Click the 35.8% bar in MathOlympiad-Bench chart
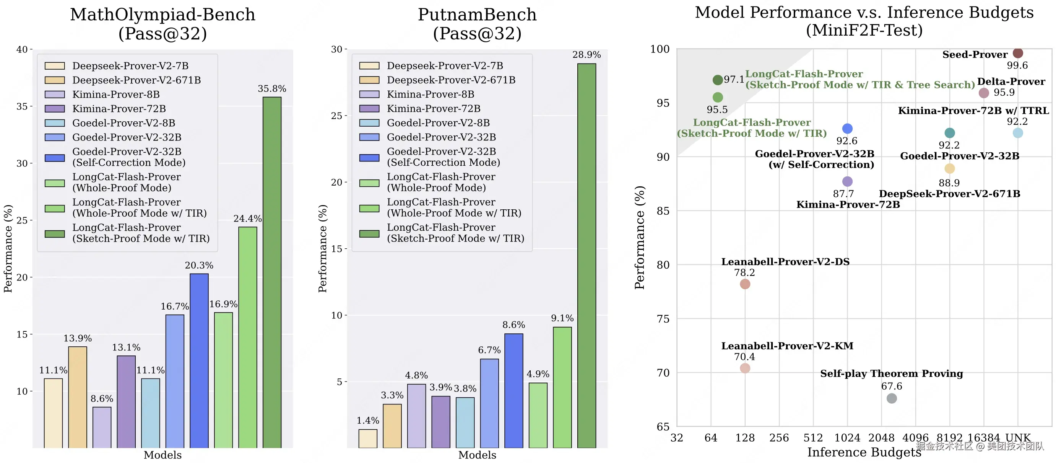pos(272,272)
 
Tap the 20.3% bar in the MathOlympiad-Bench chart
pos(199,360)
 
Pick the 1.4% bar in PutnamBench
pos(368,439)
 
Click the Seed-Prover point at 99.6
pos(1017,53)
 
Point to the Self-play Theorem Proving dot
pos(892,398)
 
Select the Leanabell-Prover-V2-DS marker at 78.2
pos(745,284)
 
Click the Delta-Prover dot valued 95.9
pos(983,93)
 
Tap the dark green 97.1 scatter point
pos(717,80)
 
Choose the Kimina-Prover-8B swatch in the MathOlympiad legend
pos(55,95)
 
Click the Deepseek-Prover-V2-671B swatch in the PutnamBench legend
pos(369,80)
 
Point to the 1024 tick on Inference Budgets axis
pos(847,438)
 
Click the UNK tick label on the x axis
pos(1018,438)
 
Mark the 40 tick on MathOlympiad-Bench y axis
pos(22,50)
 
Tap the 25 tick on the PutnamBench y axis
pos(336,116)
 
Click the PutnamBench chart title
pos(477,24)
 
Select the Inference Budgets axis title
pos(864,452)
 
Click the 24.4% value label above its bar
pos(247,218)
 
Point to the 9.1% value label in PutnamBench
pos(562,318)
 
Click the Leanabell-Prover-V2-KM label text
pos(787,346)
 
